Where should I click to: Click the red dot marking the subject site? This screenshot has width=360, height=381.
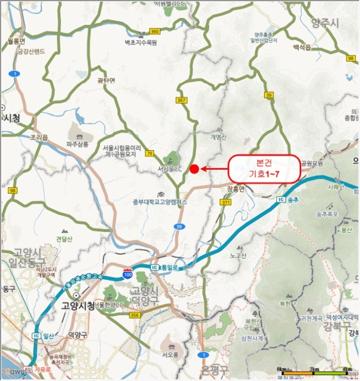click(194, 169)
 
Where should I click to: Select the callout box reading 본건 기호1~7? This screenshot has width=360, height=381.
click(263, 168)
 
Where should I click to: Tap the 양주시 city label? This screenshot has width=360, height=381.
click(325, 22)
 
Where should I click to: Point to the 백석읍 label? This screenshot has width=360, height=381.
click(302, 48)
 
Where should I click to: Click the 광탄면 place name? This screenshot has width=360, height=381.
click(106, 80)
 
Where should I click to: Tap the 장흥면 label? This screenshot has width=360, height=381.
click(236, 188)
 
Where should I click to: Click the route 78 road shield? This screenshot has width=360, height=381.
click(149, 153)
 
